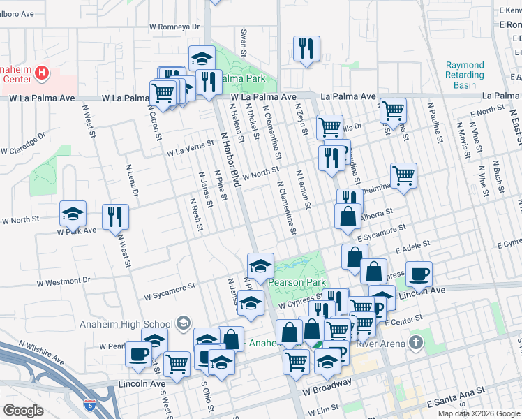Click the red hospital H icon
(x=42, y=73)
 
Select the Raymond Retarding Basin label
(x=465, y=75)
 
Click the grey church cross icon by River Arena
(x=417, y=342)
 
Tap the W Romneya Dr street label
(x=174, y=27)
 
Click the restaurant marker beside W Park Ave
(x=115, y=216)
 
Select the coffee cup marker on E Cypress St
(x=418, y=274)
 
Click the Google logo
(x=23, y=411)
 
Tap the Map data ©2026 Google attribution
(x=478, y=413)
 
